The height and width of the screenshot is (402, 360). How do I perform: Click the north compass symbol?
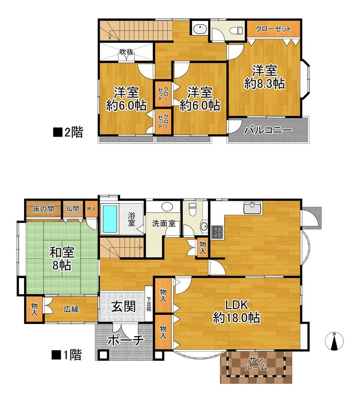(x=334, y=341)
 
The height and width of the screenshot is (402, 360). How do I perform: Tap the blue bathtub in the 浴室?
(x=109, y=219)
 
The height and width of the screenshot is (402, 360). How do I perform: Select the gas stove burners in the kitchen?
(x=217, y=231)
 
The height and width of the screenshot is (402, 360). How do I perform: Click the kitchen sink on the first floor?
(x=253, y=207)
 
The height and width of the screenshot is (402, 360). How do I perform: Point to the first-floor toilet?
(x=192, y=209)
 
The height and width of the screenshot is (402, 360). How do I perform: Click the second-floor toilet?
(x=236, y=31)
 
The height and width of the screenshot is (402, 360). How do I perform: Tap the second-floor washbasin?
(x=200, y=29)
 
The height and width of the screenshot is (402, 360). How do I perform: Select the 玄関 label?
(x=123, y=306)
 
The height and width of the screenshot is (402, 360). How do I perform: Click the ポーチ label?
(x=125, y=340)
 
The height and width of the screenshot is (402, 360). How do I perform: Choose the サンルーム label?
(x=256, y=363)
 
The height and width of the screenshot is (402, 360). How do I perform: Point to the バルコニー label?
(x=268, y=130)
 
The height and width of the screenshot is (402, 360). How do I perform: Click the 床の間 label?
(x=44, y=209)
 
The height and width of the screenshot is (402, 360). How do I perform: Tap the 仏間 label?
(x=73, y=209)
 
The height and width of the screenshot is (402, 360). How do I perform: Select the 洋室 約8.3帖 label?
(x=264, y=77)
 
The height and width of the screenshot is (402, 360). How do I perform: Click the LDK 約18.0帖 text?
(x=237, y=311)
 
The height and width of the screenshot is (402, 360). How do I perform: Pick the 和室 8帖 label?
(x=62, y=258)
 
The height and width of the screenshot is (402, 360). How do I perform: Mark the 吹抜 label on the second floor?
(x=127, y=52)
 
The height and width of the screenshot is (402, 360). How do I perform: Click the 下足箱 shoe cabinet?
(x=149, y=304)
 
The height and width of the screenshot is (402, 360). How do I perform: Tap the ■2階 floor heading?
(x=68, y=132)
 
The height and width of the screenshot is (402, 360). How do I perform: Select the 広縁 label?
(x=71, y=309)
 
